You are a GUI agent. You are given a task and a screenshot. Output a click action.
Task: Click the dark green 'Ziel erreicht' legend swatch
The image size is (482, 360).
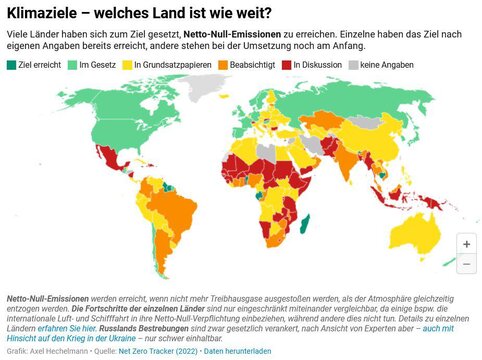click(11, 64)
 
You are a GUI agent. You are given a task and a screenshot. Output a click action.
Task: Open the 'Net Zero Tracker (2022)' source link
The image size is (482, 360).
click(158, 352)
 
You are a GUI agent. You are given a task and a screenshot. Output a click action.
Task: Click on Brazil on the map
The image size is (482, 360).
click(165, 210)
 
